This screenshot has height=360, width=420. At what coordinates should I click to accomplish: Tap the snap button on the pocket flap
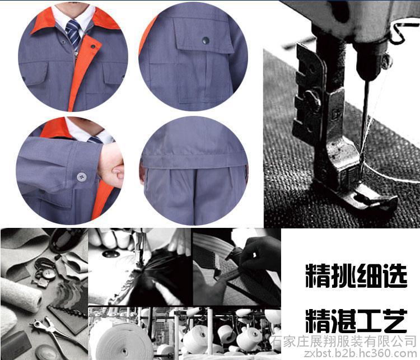click(206, 40)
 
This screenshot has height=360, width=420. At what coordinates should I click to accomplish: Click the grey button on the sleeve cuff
click(81, 177)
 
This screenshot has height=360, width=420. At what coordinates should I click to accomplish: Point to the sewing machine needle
click(365, 120)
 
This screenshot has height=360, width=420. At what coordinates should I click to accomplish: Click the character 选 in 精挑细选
click(395, 276)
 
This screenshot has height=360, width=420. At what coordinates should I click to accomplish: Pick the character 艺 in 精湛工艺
click(395, 321)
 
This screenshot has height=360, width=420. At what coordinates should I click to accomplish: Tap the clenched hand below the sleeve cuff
click(110, 163)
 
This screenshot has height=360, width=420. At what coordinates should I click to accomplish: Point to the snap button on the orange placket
click(93, 46)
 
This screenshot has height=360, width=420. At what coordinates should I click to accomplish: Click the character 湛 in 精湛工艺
click(344, 321)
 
